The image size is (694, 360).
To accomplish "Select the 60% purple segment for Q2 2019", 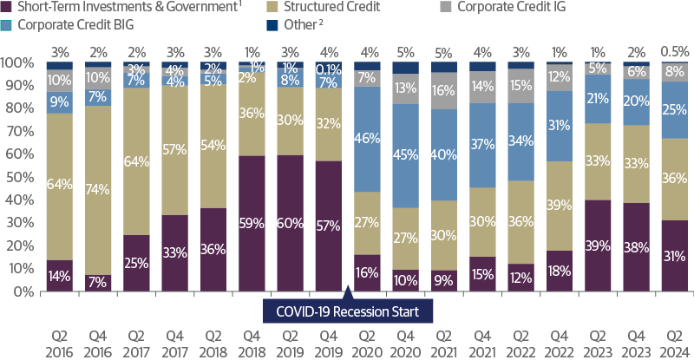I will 291,223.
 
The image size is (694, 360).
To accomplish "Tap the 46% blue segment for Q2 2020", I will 368,138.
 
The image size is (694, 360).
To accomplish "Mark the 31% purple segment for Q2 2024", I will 675,256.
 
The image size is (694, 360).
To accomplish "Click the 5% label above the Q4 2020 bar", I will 406,50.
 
